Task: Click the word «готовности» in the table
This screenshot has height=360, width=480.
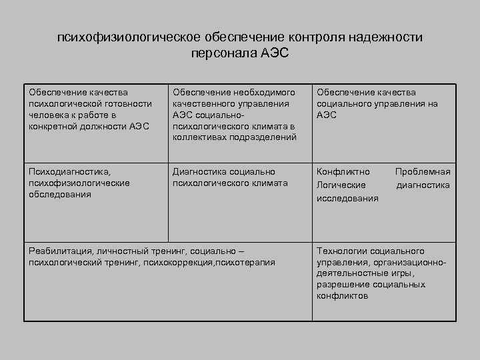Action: (x=130, y=103)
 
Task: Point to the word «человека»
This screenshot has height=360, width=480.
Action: (x=47, y=115)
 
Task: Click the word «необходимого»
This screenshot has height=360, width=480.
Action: (x=260, y=92)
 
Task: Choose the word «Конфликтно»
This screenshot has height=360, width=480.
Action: (x=341, y=172)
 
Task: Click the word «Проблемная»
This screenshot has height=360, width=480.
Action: (x=423, y=172)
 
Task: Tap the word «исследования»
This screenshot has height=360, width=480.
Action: (x=347, y=198)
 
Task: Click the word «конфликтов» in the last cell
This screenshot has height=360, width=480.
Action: (x=342, y=296)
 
